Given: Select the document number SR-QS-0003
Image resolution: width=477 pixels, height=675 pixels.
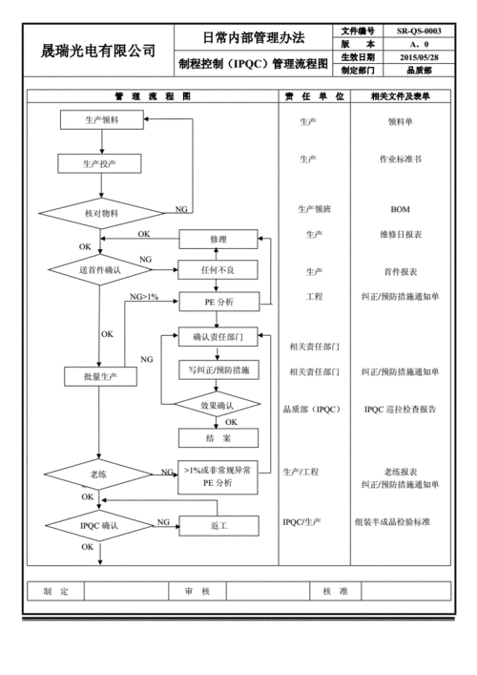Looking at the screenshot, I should pos(419,32).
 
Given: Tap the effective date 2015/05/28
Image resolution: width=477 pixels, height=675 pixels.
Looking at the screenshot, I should pos(419,57).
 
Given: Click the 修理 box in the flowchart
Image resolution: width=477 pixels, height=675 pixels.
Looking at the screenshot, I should pos(218,239).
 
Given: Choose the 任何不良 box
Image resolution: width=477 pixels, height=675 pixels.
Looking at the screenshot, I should pos(218,270).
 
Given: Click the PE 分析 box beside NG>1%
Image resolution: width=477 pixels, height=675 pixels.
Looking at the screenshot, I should pos(218,303).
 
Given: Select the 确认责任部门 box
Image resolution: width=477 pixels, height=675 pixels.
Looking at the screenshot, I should pos(218,336).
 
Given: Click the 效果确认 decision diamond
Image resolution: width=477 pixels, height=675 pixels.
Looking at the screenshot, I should pos(218,406).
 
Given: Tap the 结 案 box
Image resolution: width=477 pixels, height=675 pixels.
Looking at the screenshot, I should pos(218,438).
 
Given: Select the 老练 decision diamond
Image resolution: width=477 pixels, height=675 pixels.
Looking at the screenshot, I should pos(99,475).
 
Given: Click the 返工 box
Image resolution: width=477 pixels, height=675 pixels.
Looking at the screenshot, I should pos(218,526).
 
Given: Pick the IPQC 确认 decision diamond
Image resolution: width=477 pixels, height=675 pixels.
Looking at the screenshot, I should pos(99,526).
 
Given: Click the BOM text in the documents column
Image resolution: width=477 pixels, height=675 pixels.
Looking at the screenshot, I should pos(401,209).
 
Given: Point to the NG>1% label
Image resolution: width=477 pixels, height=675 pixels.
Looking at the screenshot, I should pos(144,297).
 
